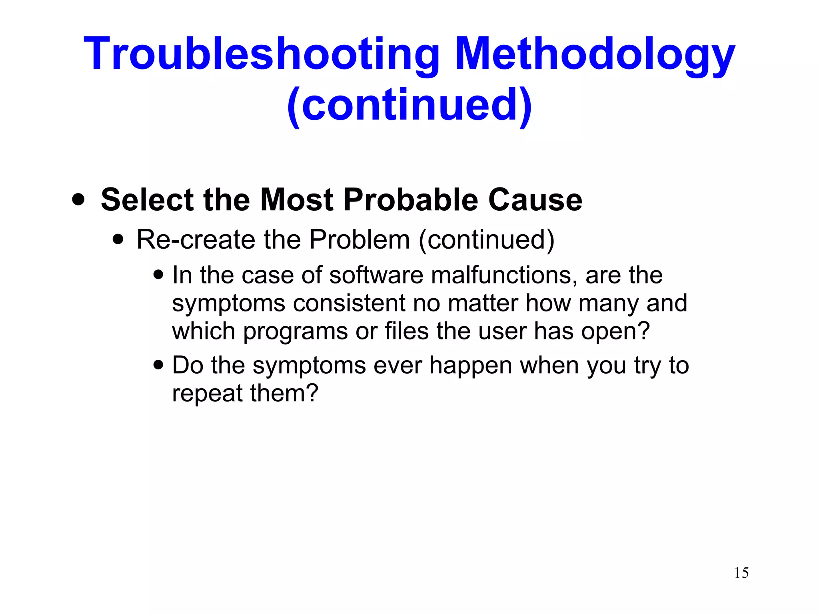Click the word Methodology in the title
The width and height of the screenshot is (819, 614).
(595, 54)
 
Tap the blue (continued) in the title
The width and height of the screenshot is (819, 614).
(409, 105)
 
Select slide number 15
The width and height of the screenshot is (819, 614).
(741, 573)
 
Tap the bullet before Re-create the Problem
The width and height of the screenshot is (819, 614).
(118, 239)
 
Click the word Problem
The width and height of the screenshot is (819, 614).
(360, 240)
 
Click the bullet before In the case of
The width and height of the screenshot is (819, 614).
(158, 275)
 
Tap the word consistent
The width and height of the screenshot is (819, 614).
(349, 303)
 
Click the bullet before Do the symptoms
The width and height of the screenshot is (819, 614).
(158, 365)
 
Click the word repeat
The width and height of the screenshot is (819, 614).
(207, 393)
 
